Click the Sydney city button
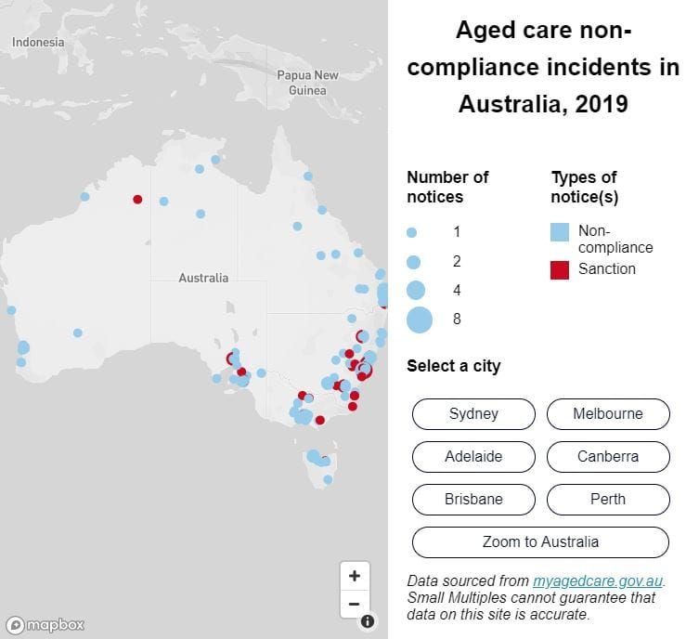point(473,414)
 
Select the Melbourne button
point(608,414)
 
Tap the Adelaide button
point(473,457)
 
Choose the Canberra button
point(608,457)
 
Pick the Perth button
point(608,500)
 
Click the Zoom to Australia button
point(540,542)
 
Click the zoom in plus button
point(354,576)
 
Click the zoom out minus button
point(354,604)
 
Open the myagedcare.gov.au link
point(599,581)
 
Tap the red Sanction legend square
point(560,270)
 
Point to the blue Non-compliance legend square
point(560,232)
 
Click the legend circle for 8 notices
point(420,319)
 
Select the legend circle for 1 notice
point(412,232)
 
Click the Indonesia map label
point(38,43)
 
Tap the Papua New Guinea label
point(307,83)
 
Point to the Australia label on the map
point(203,278)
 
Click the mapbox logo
point(46,624)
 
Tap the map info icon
point(368,621)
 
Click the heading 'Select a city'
point(453,366)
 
